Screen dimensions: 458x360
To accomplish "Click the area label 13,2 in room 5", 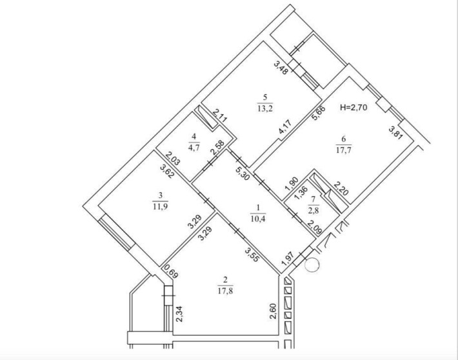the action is [265, 108].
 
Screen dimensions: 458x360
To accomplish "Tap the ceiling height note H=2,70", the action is [353, 108].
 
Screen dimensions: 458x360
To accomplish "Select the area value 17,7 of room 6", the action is [343, 150].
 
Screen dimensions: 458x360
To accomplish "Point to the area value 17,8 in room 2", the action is [225, 291].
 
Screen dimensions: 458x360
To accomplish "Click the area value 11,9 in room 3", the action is [160, 206].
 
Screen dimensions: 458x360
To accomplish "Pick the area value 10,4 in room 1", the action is [258, 219].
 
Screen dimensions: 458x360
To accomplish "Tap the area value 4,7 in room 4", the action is [194, 147].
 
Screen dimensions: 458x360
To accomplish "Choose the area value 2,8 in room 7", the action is [313, 210].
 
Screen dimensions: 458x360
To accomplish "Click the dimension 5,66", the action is [318, 113].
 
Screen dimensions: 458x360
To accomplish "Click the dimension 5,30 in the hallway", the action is [243, 173].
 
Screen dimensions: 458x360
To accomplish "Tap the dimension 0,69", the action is [171, 272].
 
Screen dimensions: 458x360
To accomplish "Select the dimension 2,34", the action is [179, 314].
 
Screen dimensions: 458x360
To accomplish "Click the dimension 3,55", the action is [252, 254].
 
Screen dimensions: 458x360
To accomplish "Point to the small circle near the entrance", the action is [312, 265].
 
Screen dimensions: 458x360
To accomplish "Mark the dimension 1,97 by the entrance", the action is [286, 259].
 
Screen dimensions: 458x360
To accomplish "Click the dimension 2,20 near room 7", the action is [341, 188].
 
